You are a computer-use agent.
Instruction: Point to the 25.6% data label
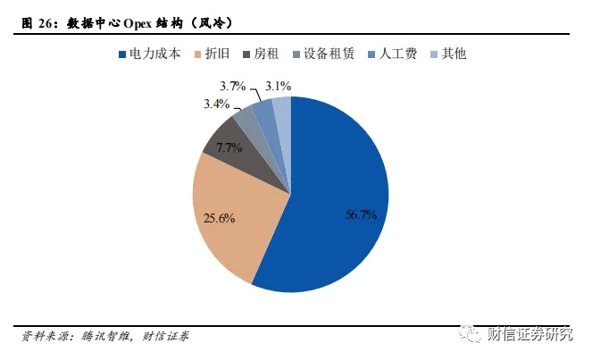(x=219, y=218)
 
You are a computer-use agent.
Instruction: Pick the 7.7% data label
(x=229, y=148)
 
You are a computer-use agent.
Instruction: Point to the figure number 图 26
(x=37, y=19)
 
